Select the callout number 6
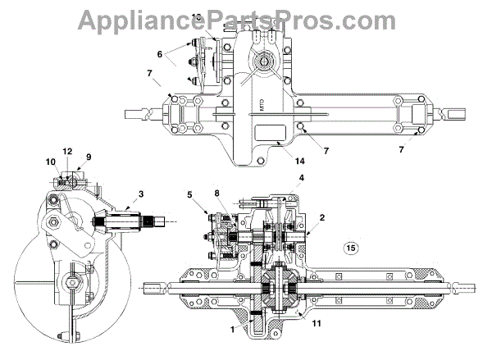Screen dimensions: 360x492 161,53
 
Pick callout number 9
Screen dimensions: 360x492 89,156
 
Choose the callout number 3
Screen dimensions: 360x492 142,194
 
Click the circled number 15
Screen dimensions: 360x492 351,247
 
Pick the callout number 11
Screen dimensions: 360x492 316,323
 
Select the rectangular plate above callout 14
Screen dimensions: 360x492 272,132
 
